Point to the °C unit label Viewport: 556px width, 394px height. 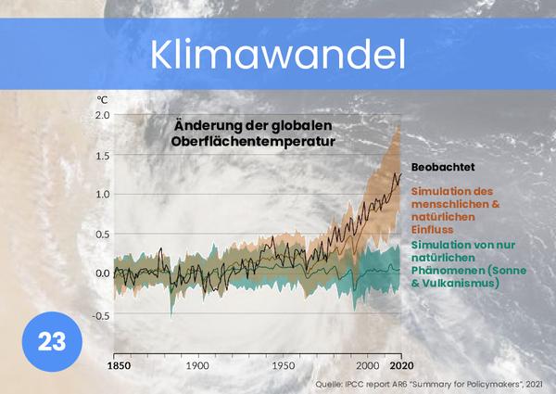(102, 98)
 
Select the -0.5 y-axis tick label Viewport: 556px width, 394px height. (100, 314)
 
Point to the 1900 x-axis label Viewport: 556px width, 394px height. (197, 365)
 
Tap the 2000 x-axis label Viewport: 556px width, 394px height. (367, 365)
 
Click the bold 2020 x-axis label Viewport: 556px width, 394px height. (399, 365)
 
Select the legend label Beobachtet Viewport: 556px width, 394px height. (443, 168)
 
